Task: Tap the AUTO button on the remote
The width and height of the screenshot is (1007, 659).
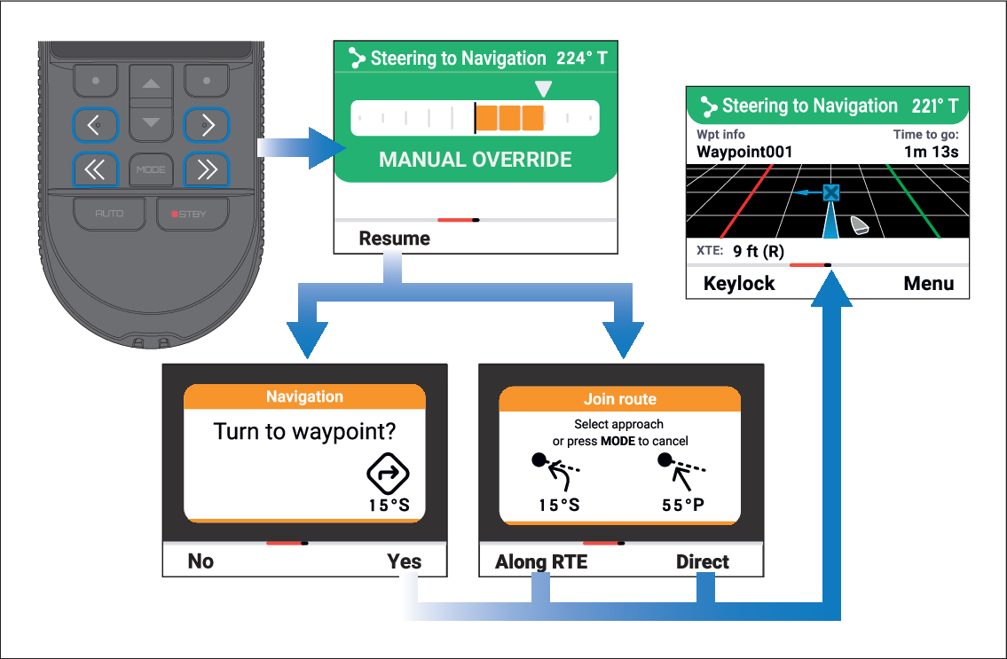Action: (109, 213)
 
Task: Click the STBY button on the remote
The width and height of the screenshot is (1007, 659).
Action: (193, 213)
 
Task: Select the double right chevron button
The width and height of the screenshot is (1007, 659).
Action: (207, 169)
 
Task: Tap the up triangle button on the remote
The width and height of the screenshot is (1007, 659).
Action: (151, 82)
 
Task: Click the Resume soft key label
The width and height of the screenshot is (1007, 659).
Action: (394, 239)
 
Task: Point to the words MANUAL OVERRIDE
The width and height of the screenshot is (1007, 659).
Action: (476, 160)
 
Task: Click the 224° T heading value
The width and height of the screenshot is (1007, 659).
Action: (582, 59)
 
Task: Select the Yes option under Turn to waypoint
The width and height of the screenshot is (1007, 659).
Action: (404, 561)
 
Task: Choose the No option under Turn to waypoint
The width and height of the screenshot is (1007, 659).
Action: (201, 561)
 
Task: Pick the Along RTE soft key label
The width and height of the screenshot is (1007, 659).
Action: (540, 562)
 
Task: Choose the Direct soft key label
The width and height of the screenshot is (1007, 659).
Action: (703, 562)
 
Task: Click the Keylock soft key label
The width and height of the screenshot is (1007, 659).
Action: (739, 283)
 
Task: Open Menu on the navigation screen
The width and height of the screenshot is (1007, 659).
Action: (929, 283)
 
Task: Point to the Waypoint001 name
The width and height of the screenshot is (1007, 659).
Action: (744, 153)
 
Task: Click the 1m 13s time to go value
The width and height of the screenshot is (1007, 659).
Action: (932, 153)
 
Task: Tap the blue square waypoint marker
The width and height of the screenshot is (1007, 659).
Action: (831, 192)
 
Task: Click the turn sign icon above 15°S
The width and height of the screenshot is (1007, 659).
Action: (388, 474)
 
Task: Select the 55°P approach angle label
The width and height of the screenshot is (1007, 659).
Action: (682, 505)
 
